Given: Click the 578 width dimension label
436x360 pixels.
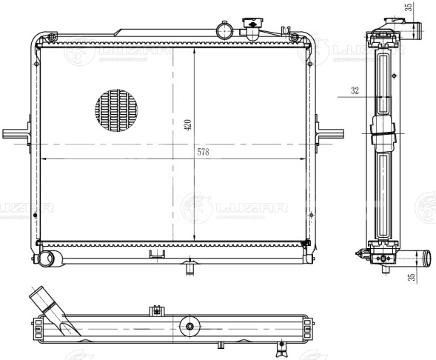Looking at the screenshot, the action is [203, 152].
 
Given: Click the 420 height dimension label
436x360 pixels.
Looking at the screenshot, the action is [188, 125].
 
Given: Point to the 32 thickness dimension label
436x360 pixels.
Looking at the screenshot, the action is [355, 90].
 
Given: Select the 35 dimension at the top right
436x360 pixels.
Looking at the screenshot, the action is [409, 7].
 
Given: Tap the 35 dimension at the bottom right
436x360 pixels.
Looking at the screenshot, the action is [412, 277].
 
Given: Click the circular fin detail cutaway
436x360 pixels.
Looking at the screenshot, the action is [116, 110].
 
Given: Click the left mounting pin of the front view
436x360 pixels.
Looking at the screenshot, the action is [16, 134].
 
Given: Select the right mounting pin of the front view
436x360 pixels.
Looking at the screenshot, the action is [330, 134].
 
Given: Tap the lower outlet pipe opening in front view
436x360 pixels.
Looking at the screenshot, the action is [45, 259].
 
